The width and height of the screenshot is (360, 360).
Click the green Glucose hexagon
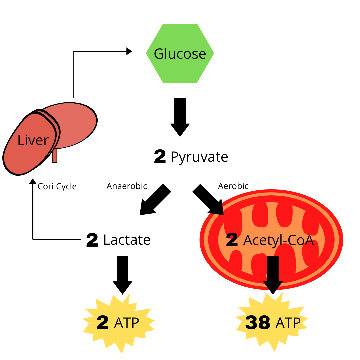pos(180,53)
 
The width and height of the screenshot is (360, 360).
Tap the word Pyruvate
pos(199,157)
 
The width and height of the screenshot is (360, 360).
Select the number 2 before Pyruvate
pos(160,157)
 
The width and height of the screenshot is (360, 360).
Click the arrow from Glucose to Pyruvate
pos(180,117)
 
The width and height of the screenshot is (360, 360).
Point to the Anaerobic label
pos(127,186)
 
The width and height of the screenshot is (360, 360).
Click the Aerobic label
pos(233,186)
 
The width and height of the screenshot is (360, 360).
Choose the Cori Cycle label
pos(57,187)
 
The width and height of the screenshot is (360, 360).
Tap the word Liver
pos(33,140)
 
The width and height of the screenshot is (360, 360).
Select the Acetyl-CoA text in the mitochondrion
pos(278,240)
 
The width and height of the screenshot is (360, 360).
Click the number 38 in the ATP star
pos(257,323)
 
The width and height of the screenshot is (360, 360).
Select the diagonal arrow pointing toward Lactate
pos(153,200)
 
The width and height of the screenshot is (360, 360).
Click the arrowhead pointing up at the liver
pos(33,181)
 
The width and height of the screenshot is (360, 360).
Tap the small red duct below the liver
pos(54,156)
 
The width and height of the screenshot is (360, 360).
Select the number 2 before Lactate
pos(92,240)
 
